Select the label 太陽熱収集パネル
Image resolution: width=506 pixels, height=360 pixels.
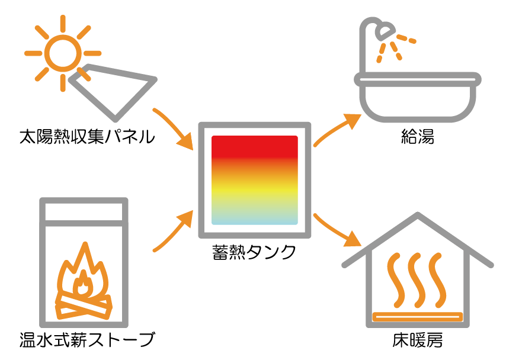point(87,138)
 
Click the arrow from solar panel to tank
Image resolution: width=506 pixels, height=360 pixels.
point(175,128)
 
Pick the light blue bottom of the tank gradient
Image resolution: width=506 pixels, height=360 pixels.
point(254,220)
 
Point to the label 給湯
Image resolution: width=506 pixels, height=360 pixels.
point(417,138)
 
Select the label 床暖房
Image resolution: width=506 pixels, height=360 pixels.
point(417,340)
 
